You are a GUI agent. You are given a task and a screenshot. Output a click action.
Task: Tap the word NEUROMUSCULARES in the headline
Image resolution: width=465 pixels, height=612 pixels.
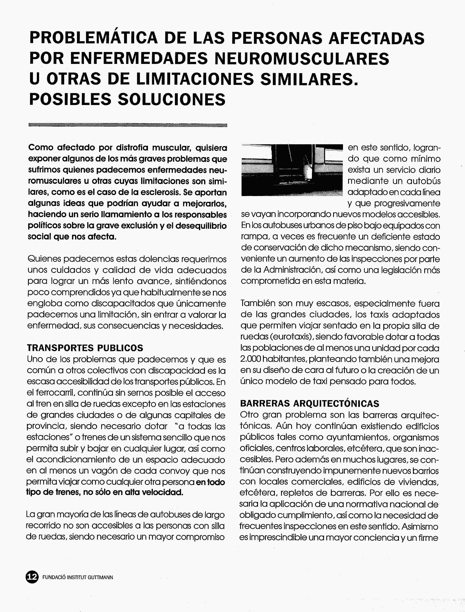click(302, 58)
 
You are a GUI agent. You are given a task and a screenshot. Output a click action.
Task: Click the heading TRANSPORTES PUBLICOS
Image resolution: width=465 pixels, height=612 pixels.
click(85, 348)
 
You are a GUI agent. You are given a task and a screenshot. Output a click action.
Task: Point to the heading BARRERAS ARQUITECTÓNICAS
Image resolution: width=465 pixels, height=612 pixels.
click(309, 403)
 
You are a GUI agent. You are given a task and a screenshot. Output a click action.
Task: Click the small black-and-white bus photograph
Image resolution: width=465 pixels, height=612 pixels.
click(292, 170)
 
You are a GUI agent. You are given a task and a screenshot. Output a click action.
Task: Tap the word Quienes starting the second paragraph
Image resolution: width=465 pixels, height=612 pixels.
click(44, 259)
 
